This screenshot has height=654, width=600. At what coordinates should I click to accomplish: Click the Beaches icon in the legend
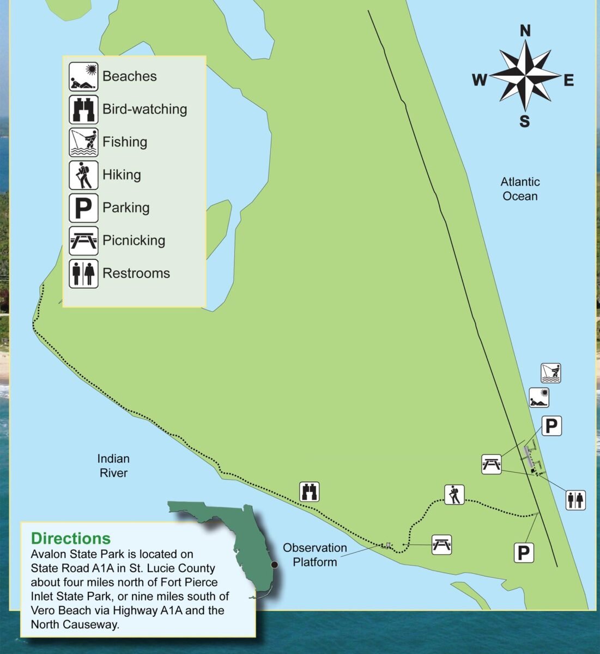[x=83, y=77]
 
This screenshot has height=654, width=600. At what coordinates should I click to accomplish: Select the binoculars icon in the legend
[x=83, y=110]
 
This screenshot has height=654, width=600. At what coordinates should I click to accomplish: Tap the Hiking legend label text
[x=122, y=175]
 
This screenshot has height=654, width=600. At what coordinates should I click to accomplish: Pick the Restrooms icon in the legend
[x=83, y=274]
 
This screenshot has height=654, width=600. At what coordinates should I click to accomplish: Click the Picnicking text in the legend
[x=134, y=240]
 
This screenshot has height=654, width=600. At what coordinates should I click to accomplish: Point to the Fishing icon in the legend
[x=83, y=142]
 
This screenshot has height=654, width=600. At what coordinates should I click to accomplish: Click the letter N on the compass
[x=525, y=31]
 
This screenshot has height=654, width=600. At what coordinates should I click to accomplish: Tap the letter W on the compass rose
[x=479, y=81]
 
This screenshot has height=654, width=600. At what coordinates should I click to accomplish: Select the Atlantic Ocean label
[x=520, y=189]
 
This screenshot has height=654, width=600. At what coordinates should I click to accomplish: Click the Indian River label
[x=113, y=465]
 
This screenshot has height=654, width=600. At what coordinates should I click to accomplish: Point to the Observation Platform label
[x=315, y=554]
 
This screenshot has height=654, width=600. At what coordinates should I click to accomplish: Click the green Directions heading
[x=71, y=538]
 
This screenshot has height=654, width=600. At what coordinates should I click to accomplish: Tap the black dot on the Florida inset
[x=275, y=565]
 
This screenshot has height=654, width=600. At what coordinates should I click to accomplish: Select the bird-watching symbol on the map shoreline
[x=310, y=492]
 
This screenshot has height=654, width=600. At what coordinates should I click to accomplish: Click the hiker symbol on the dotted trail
[x=454, y=494]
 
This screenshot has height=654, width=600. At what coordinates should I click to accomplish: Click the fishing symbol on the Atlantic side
[x=550, y=373]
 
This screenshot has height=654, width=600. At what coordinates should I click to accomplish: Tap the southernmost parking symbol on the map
[x=523, y=553]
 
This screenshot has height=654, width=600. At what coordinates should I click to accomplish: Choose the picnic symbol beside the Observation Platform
[x=441, y=544]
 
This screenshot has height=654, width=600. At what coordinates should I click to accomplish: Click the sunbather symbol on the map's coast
[x=539, y=398]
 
